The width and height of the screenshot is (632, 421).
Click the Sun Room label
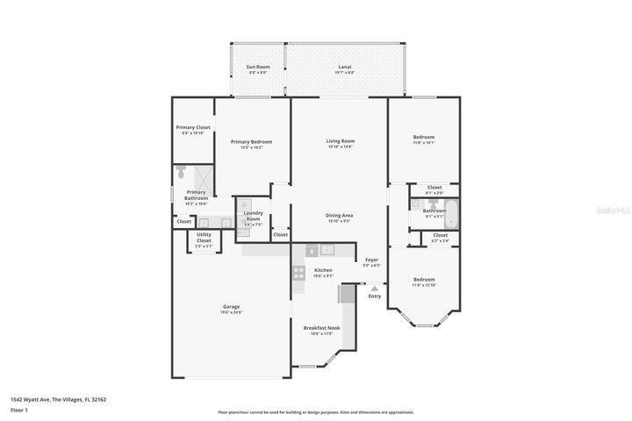click(257, 67)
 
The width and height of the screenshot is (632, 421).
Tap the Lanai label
click(346, 67)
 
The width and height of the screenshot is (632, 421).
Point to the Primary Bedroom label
click(251, 142)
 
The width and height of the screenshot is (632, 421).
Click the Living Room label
click(340, 140)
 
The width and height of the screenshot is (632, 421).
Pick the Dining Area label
click(340, 215)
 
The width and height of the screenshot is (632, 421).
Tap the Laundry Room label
click(254, 215)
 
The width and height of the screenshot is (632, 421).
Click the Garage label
click(231, 307)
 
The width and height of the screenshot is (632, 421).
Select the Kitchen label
click(323, 269)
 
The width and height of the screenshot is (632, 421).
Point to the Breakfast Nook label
click(321, 327)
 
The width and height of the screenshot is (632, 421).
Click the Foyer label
click(371, 260)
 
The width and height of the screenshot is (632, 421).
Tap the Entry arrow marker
click(375, 288)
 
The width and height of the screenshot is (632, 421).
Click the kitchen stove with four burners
click(298, 272)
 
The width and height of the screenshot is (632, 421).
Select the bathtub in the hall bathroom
click(452, 211)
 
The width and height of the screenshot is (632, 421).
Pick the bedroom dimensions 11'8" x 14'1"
click(424, 143)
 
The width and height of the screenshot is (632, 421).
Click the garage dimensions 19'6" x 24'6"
click(231, 312)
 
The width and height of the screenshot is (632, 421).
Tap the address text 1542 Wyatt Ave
click(30, 399)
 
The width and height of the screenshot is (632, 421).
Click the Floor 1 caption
click(19, 410)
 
